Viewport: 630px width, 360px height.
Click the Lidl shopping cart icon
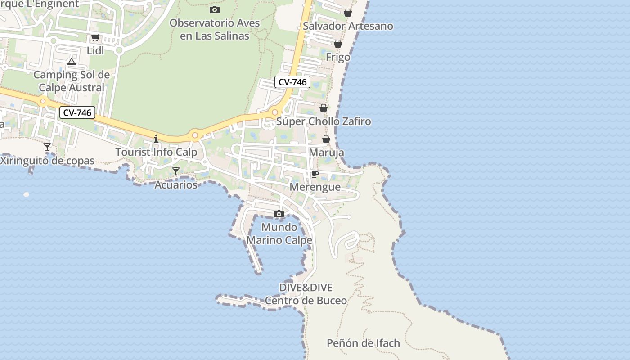[95, 38]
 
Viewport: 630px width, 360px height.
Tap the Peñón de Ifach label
[363, 343]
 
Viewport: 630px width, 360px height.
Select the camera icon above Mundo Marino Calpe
[279, 214]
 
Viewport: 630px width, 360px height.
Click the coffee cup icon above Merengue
[315, 174]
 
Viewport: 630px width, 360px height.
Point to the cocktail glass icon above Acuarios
[176, 171]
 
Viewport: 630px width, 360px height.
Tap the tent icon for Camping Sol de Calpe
[72, 62]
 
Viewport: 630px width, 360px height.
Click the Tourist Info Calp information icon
[156, 139]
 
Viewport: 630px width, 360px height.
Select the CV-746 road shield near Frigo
[292, 82]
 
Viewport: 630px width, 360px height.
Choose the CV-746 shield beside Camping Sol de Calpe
[77, 112]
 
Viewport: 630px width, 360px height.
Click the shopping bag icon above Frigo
[338, 44]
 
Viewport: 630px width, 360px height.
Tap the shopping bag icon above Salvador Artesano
[348, 13]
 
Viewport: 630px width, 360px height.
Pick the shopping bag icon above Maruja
[326, 139]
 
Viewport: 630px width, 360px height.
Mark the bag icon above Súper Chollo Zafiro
[324, 108]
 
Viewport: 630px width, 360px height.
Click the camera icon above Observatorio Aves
[215, 9]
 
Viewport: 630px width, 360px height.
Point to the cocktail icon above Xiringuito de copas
[47, 147]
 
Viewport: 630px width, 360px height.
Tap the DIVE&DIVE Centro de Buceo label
[306, 294]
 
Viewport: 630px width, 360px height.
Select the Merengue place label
[315, 187]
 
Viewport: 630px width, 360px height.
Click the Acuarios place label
[176, 184]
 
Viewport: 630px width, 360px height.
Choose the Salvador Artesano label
[348, 26]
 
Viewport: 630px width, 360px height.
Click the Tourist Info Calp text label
[157, 152]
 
